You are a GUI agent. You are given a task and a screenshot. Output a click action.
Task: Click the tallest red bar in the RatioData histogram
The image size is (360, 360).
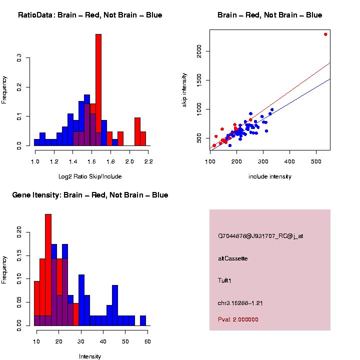pos(98,90)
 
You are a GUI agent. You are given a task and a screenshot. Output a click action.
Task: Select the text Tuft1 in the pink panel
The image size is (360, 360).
pos(225,280)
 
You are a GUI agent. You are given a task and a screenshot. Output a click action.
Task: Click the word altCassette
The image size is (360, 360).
pos(233,258)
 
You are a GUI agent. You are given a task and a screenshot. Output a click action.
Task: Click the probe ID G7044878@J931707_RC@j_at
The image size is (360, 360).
pos(260,236)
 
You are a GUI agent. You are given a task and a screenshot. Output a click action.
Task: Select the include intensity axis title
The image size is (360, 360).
pos(270,176)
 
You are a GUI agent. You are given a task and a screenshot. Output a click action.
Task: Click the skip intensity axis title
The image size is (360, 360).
pos(184,94)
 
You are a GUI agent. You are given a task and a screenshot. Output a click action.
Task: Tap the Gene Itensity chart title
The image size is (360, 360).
pos(90,195)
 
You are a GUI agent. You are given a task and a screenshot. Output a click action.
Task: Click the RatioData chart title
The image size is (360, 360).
pos(90,15)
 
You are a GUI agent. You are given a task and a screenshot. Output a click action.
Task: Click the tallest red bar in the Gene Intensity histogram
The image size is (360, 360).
pos(48,270)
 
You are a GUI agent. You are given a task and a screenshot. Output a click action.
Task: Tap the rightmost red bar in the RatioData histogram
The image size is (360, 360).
pos(143,138)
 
